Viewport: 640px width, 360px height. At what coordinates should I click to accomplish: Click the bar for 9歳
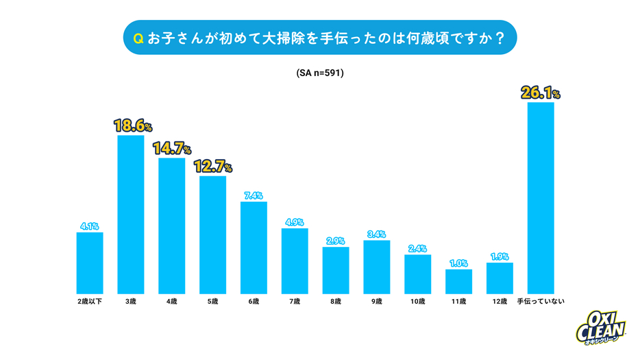pyautogui.click(x=376, y=266)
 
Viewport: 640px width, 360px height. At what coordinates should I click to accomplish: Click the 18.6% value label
pyautogui.click(x=132, y=126)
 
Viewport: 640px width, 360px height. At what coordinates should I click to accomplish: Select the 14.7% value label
pyautogui.click(x=172, y=149)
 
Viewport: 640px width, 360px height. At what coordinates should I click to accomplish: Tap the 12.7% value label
pyautogui.click(x=212, y=167)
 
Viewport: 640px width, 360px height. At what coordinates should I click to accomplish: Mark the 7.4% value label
pyautogui.click(x=254, y=195)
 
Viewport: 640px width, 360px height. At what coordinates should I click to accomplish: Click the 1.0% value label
pyautogui.click(x=458, y=263)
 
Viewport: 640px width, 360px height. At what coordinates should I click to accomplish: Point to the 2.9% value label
pyautogui.click(x=336, y=241)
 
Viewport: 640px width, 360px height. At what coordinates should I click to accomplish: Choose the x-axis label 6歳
pyautogui.click(x=254, y=302)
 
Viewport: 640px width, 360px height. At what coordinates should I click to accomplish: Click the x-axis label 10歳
pyautogui.click(x=417, y=302)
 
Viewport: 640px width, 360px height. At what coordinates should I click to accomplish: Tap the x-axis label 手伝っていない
pyautogui.click(x=541, y=302)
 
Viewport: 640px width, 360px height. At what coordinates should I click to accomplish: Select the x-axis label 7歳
pyautogui.click(x=295, y=302)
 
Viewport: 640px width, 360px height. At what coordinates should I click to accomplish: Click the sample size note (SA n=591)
pyautogui.click(x=320, y=72)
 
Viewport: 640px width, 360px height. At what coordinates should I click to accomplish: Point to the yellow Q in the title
pyautogui.click(x=138, y=38)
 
